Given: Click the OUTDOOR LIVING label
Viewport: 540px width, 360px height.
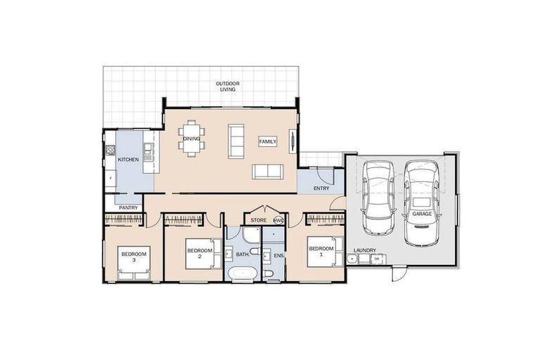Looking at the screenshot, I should pyautogui.click(x=229, y=87).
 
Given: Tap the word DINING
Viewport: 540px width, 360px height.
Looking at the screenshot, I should pyautogui.click(x=192, y=139).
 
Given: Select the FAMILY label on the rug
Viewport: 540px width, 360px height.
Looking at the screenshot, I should pyautogui.click(x=267, y=141).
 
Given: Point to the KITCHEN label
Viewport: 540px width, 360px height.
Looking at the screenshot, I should pyautogui.click(x=128, y=160).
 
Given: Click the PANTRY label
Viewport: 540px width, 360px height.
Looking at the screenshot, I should pyautogui.click(x=128, y=207).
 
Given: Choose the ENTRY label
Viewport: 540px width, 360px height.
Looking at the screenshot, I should pyautogui.click(x=322, y=188).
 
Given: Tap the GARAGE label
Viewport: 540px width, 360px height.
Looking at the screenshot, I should pyautogui.click(x=422, y=213).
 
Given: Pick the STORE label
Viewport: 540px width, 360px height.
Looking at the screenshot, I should pyautogui.click(x=259, y=220).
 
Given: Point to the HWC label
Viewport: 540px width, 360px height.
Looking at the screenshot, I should pyautogui.click(x=278, y=220).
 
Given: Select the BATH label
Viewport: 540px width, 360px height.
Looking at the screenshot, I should pyautogui.click(x=242, y=254).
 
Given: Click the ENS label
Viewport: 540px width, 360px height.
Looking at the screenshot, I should pyautogui.click(x=278, y=255).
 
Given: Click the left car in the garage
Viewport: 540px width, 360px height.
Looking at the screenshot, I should pyautogui.click(x=378, y=197).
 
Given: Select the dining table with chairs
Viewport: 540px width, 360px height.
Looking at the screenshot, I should pyautogui.click(x=192, y=131).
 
